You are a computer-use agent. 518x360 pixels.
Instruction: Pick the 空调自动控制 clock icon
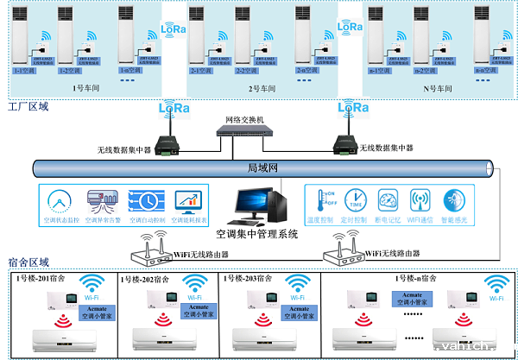coord(143,200)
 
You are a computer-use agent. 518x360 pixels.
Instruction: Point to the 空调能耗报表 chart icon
coord(186,200)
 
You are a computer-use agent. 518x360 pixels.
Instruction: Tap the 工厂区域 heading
coord(28,108)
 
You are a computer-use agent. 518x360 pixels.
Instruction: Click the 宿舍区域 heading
coord(28,262)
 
